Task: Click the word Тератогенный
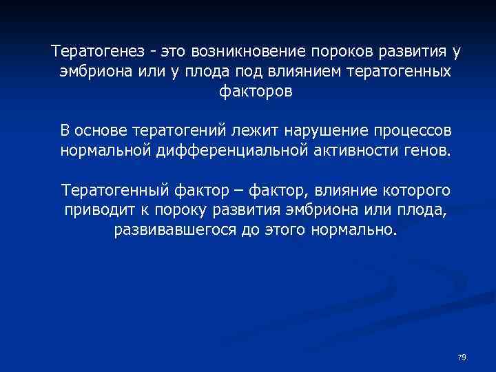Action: [110, 189]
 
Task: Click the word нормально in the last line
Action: [360, 228]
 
